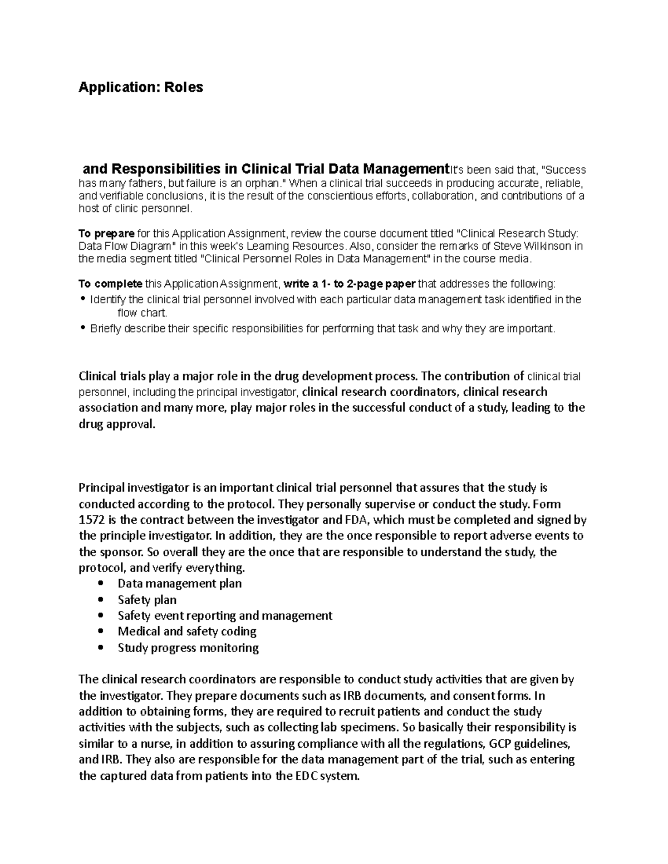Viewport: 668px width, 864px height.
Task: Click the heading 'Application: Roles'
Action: point(141,87)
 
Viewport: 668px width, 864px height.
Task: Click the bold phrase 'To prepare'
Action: point(106,233)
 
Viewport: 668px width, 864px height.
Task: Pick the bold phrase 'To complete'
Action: point(110,284)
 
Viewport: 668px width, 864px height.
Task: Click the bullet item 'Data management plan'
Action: point(179,583)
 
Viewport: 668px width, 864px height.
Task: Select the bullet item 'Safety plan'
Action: point(147,599)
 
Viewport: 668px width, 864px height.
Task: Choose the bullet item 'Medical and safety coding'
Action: point(186,631)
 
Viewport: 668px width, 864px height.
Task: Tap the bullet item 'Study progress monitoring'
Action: point(188,648)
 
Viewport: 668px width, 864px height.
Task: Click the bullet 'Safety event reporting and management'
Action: point(225,615)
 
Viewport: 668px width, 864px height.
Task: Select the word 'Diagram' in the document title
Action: point(151,246)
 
